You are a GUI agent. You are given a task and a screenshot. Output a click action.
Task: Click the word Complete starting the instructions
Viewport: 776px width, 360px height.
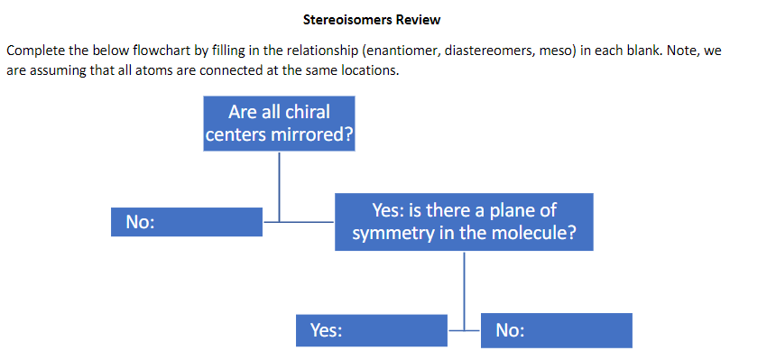coord(34,51)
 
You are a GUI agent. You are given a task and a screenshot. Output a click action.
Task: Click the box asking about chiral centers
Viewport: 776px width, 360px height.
coord(279,125)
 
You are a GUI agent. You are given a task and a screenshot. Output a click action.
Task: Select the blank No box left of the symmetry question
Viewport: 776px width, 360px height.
coord(187,222)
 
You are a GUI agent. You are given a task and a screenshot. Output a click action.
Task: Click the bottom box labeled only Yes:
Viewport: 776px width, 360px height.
coord(372,330)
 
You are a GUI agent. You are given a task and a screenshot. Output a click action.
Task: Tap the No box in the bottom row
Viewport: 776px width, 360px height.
coord(557,330)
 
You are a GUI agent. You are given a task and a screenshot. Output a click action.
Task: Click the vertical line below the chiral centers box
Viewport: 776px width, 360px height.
coord(279,185)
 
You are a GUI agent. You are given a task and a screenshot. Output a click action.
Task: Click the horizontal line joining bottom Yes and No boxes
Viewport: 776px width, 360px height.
coord(464,330)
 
